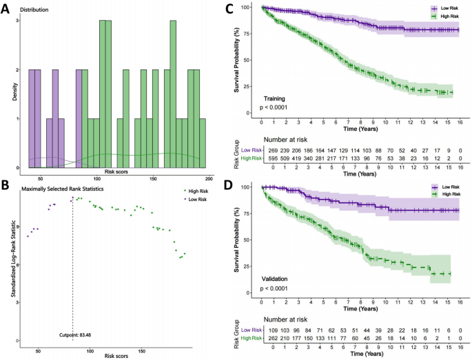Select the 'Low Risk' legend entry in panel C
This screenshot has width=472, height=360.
(x=434, y=8)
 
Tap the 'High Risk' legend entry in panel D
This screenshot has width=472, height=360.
(x=434, y=194)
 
